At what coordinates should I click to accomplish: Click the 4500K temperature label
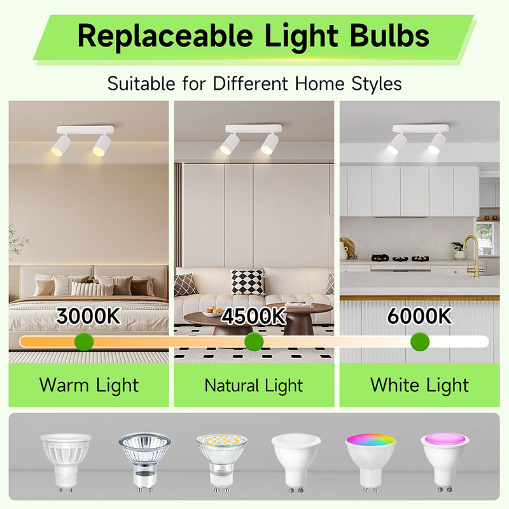click(x=253, y=316)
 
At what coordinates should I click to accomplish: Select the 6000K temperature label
click(x=419, y=316)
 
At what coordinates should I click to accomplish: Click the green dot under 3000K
click(x=83, y=342)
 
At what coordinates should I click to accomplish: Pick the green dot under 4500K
click(x=254, y=342)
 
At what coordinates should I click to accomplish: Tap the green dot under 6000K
click(x=419, y=342)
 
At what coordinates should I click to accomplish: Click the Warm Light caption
click(x=88, y=385)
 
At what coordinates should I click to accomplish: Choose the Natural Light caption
click(x=254, y=385)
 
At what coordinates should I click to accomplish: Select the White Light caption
click(x=419, y=385)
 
